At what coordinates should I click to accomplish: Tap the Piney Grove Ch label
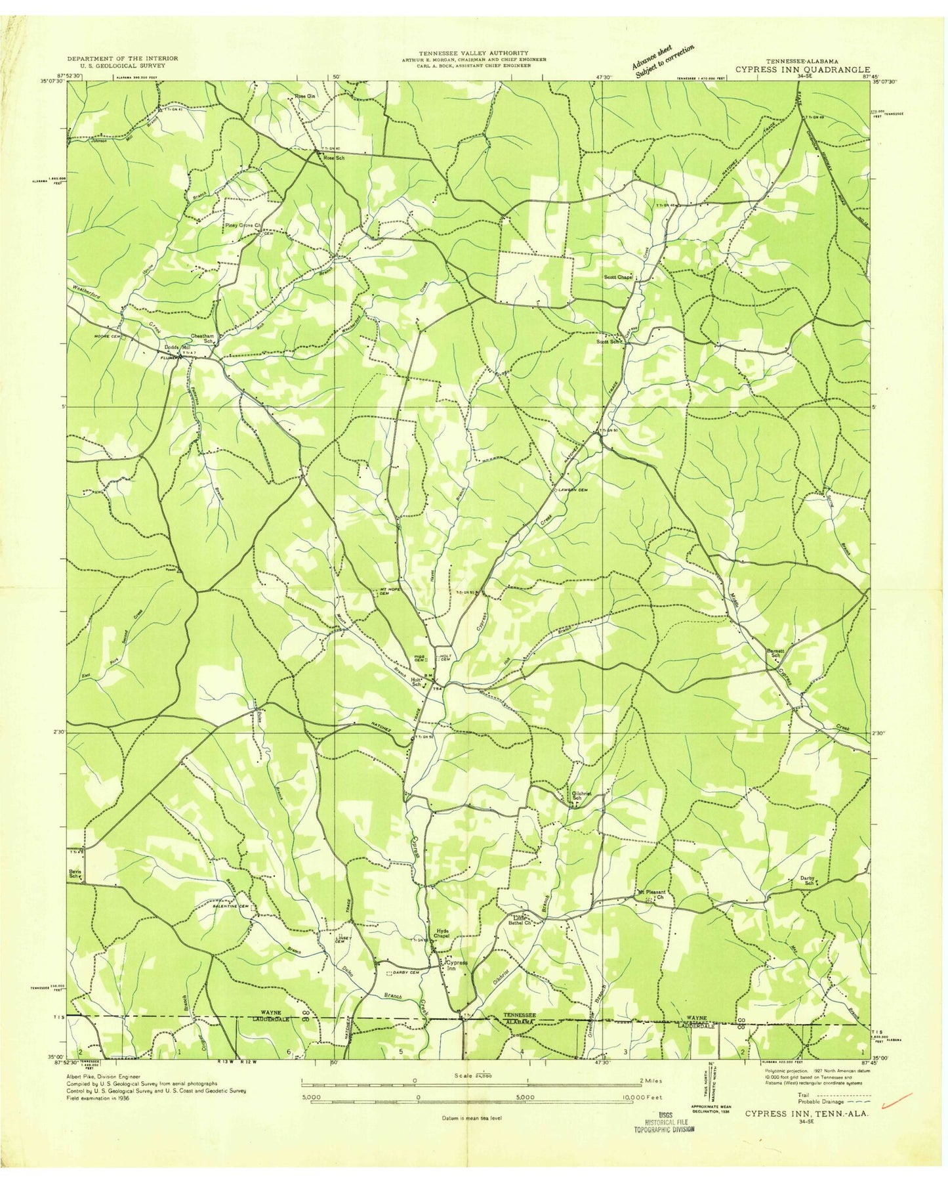[x=243, y=225]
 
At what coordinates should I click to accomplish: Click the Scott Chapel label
[x=618, y=277]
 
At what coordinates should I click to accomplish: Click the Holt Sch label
[x=416, y=683]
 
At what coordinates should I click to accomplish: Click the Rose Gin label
[x=305, y=97]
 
